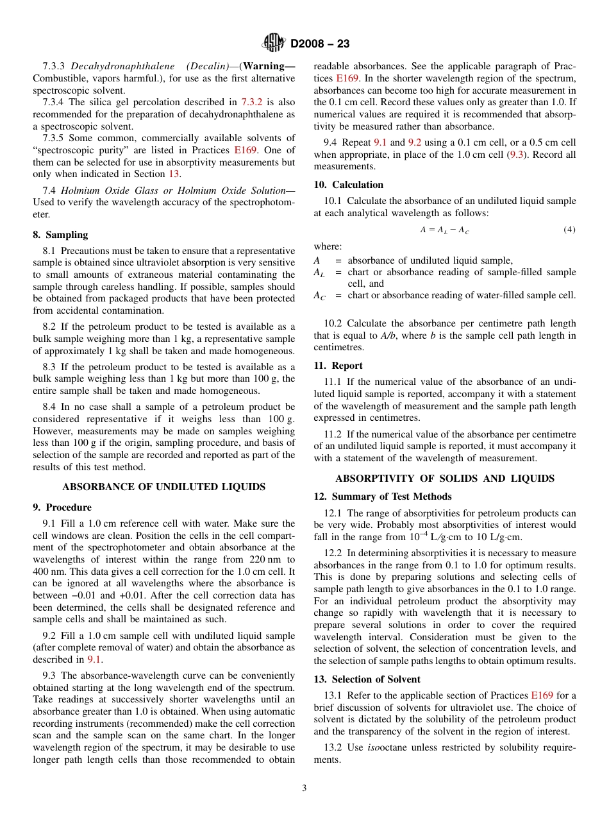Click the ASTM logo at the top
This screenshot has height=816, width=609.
(274, 44)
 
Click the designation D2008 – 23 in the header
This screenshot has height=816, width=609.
(320, 44)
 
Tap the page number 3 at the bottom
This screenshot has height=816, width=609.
(304, 788)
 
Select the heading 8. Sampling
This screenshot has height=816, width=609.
(60, 235)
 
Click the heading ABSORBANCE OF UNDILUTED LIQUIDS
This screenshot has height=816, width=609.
(163, 487)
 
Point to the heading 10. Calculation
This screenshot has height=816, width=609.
(348, 185)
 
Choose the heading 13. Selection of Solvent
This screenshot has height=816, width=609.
(367, 679)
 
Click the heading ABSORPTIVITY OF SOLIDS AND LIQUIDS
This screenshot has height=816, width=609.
(445, 479)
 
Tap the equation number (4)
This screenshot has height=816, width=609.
(569, 230)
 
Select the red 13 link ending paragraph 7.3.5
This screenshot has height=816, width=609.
(174, 174)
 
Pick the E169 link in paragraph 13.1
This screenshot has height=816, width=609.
(542, 695)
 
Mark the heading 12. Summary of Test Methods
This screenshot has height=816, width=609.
(382, 497)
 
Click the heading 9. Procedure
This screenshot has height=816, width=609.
(62, 507)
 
